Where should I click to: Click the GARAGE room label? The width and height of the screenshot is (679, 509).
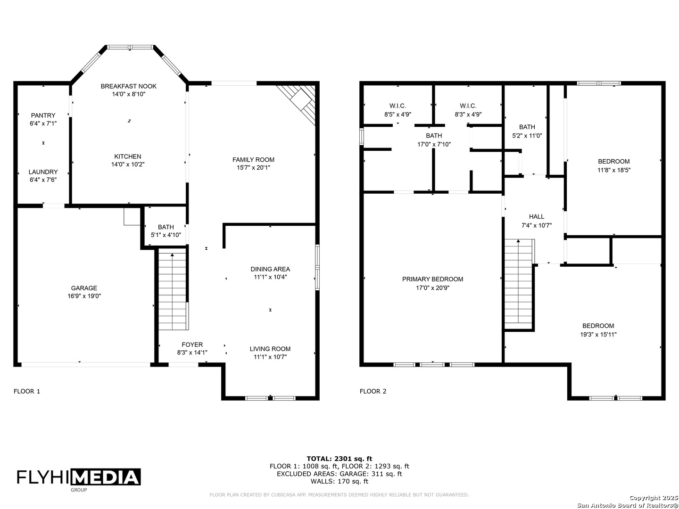[x=84, y=288]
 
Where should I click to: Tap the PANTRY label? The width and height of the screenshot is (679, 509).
[x=43, y=115]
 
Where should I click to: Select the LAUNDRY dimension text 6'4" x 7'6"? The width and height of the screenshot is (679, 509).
[x=43, y=180]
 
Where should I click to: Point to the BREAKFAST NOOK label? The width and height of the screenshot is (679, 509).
[x=129, y=86]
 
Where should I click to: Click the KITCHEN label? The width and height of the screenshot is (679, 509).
[x=128, y=156]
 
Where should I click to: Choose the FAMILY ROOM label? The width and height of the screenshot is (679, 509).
[x=253, y=160]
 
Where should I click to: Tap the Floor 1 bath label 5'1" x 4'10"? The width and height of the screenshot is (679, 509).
[x=166, y=235]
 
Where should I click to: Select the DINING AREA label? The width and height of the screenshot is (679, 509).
[x=270, y=269]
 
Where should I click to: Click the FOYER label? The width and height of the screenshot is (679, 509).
[x=192, y=345]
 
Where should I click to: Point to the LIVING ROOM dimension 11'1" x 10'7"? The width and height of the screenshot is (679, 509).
[x=270, y=357]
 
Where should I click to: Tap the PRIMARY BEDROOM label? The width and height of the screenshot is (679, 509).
[x=432, y=279]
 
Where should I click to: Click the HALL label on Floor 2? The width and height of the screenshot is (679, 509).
[x=537, y=217]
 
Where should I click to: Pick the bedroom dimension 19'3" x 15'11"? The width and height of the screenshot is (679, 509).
[x=598, y=334]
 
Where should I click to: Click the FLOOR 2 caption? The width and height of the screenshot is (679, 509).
[x=373, y=391]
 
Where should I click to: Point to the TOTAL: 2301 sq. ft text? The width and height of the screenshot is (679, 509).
[x=339, y=459]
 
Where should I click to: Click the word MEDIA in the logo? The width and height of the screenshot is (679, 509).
[x=106, y=477]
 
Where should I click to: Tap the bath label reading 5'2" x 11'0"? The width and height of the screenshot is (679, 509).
[x=527, y=135]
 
